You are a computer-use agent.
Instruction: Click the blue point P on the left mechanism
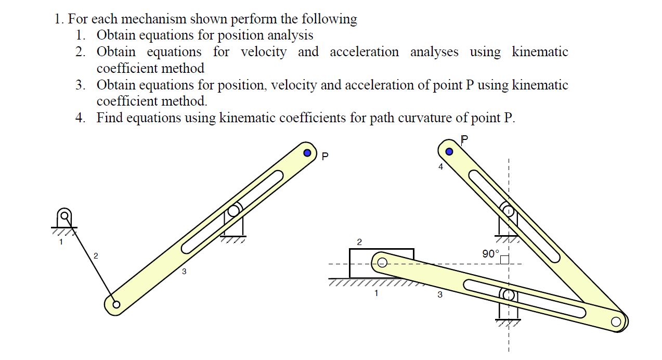click(x=307, y=153)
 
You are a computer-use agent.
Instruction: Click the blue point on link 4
click(x=450, y=152)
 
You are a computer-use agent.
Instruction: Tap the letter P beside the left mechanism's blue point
click(x=325, y=156)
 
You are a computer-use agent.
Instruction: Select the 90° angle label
click(x=490, y=254)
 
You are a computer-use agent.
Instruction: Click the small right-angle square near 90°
click(x=503, y=259)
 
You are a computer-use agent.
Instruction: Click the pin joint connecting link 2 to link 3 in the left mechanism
click(x=116, y=304)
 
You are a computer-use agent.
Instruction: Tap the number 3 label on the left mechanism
click(x=184, y=271)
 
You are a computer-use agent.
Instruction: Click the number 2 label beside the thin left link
click(x=96, y=255)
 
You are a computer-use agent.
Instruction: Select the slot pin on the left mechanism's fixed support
click(x=233, y=210)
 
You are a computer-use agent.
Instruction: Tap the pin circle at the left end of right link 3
click(x=382, y=262)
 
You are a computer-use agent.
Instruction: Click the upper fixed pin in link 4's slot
click(x=508, y=211)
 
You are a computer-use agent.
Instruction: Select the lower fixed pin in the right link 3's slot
click(x=509, y=295)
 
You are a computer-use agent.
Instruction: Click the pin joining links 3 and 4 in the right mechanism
click(x=616, y=322)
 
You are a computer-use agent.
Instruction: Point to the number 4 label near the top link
click(x=440, y=167)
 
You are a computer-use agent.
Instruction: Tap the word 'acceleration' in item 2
click(x=364, y=52)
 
